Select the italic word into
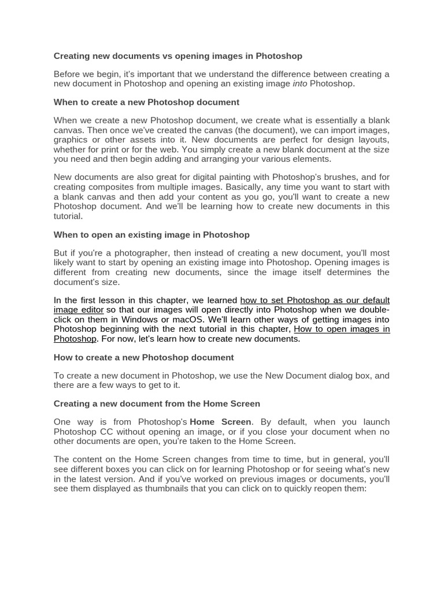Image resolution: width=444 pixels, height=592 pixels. point(300,84)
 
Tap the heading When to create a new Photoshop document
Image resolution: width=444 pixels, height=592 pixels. point(146,102)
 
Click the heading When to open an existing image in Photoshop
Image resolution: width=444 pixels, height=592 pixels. point(151,235)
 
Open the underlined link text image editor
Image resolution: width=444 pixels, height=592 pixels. point(79,310)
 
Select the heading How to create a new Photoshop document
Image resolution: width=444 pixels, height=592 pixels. point(143,357)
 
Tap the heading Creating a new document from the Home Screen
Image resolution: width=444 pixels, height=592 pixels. point(157,404)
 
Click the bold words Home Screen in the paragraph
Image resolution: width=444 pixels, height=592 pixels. point(220,422)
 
